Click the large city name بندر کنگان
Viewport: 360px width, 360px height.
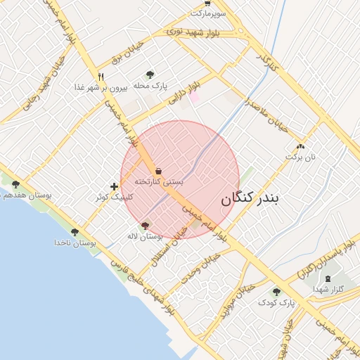pyautogui.click(x=250, y=199)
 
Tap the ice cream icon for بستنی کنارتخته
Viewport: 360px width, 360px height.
pyautogui.click(x=158, y=171)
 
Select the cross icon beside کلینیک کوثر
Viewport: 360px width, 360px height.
pyautogui.click(x=114, y=186)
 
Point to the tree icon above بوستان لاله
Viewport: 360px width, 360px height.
pyautogui.click(x=146, y=226)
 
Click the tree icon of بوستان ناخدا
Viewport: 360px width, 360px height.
pyautogui.click(x=75, y=231)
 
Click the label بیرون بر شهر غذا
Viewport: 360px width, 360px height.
pyautogui.click(x=101, y=88)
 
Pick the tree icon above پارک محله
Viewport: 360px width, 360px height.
pyautogui.click(x=149, y=75)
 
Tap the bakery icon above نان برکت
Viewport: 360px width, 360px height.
pyautogui.click(x=301, y=146)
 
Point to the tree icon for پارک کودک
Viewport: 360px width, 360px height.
pyautogui.click(x=276, y=291)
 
